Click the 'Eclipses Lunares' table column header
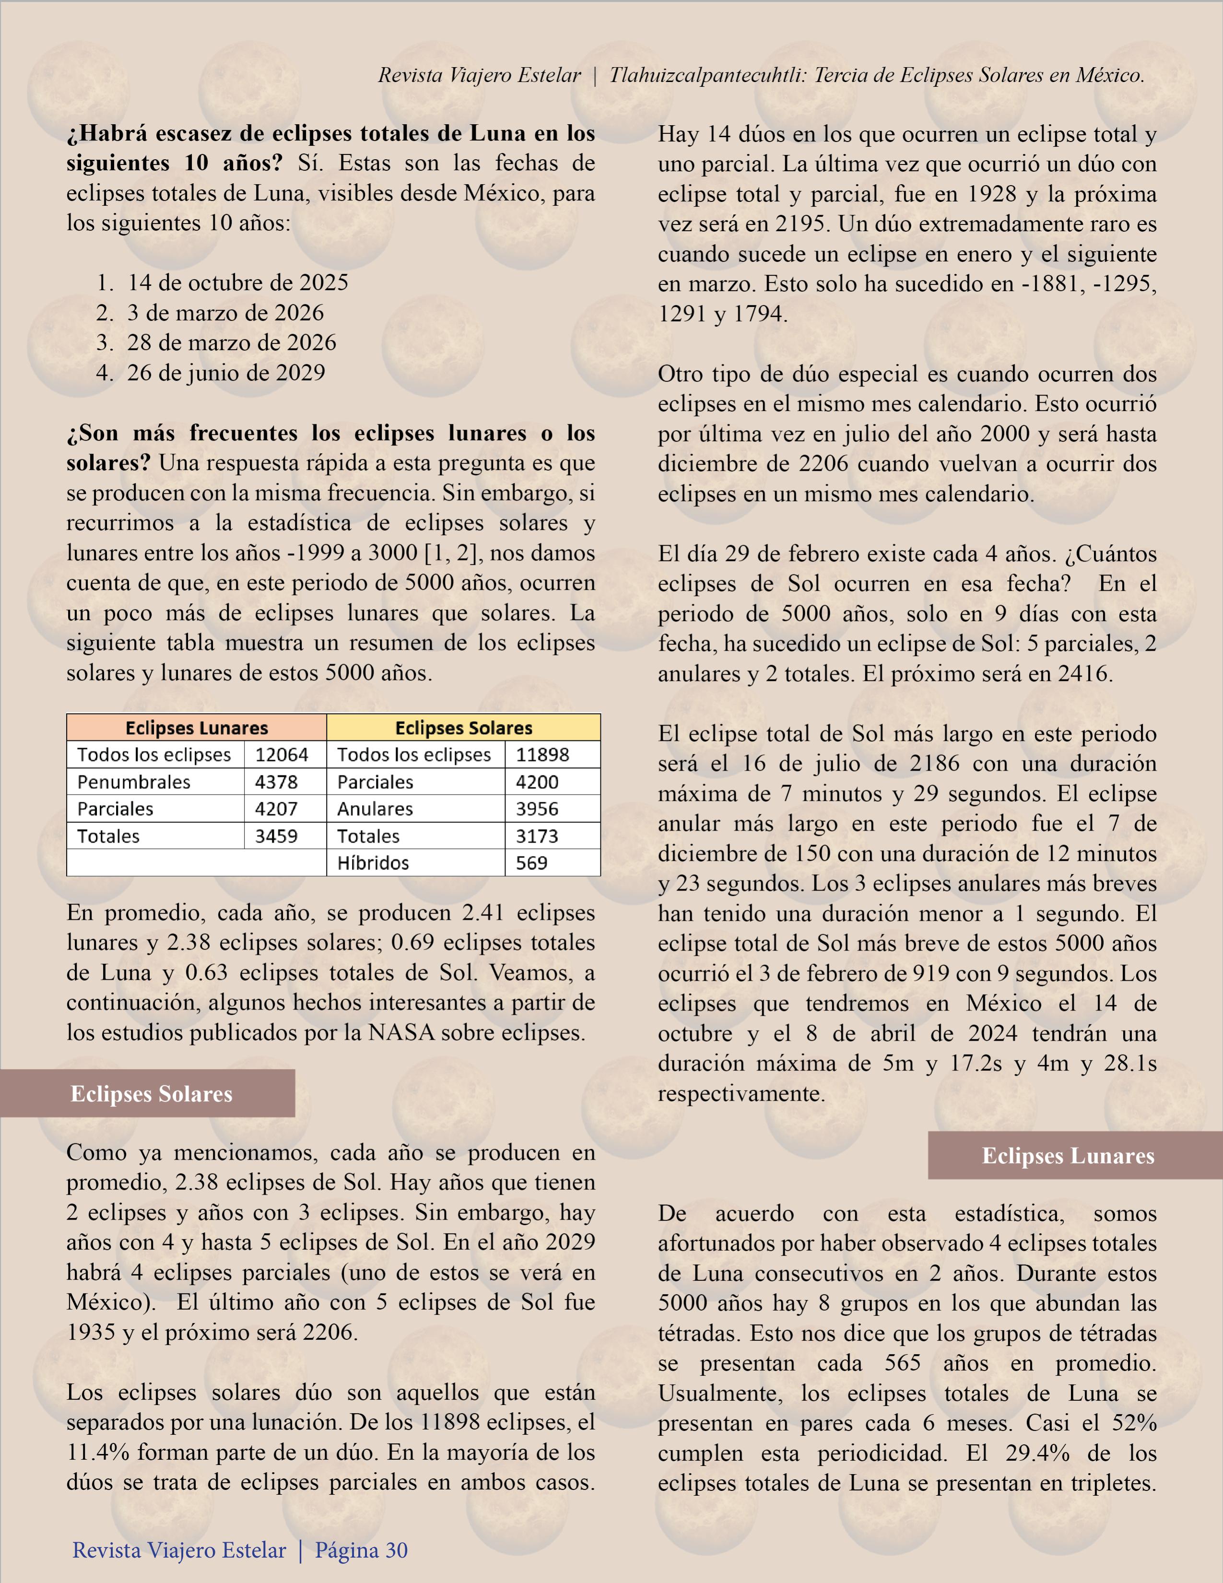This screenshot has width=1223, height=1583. (197, 727)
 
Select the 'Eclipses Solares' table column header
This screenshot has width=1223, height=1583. (463, 727)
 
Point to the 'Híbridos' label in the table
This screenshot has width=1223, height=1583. (373, 863)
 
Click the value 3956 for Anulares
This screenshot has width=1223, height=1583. (537, 809)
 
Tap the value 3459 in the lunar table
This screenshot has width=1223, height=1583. (276, 836)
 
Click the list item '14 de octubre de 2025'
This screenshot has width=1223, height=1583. (237, 282)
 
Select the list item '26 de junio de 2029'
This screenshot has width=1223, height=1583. (225, 373)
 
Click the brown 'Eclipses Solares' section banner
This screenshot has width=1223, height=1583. (151, 1094)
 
